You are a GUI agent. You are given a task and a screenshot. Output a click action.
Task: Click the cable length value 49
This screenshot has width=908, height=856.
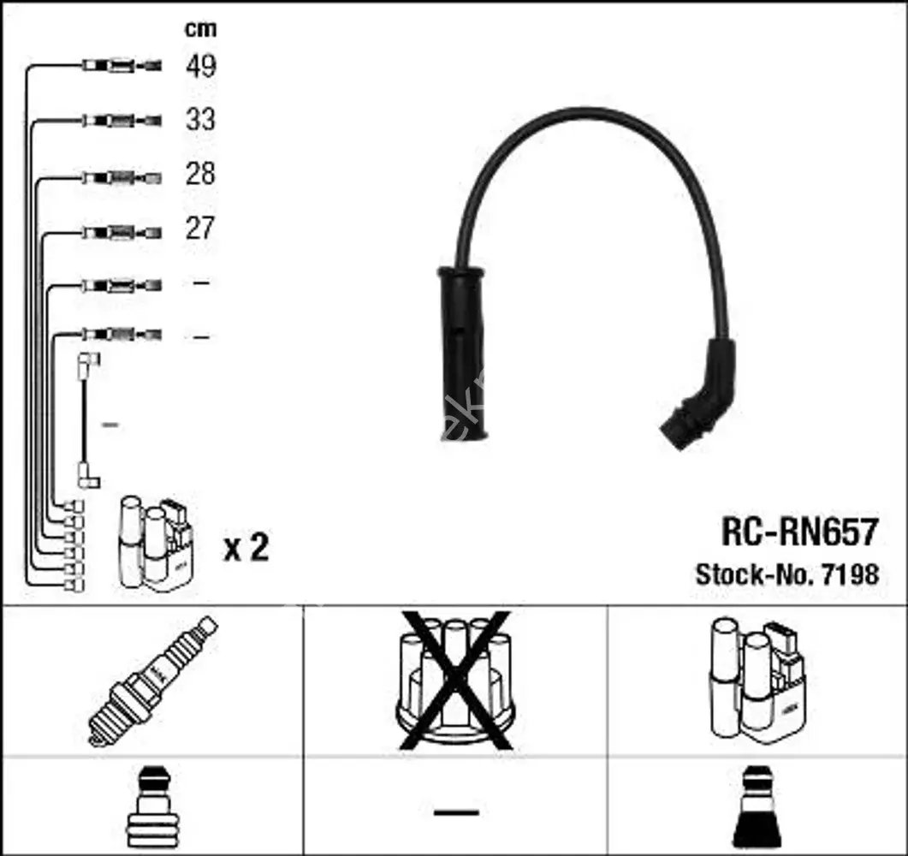click(201, 66)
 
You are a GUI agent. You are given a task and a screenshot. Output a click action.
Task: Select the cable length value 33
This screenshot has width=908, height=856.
click(200, 119)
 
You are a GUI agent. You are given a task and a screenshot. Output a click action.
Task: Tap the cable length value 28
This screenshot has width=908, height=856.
click(200, 174)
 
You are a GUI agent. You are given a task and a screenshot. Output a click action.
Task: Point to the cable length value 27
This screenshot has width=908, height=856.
click(200, 229)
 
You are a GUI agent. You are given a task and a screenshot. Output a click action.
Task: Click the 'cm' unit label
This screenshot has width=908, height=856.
click(200, 29)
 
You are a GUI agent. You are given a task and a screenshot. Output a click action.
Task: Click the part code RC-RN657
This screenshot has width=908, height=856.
click(800, 532)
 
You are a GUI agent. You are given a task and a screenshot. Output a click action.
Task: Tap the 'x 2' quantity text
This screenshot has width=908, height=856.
click(246, 547)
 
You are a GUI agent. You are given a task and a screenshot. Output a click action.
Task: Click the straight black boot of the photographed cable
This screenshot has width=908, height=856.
click(462, 354)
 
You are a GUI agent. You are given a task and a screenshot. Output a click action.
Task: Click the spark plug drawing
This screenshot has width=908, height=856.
click(152, 681)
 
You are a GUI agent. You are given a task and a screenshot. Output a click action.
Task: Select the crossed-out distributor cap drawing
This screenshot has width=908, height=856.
click(455, 681)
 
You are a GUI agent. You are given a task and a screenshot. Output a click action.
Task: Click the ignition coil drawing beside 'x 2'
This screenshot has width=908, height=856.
click(155, 544)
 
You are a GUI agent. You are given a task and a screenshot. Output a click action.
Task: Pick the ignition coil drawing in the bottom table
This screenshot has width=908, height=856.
click(757, 681)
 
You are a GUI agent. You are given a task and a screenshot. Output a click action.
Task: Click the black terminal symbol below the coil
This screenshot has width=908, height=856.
click(757, 806)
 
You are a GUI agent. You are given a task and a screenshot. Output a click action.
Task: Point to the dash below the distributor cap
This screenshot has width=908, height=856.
click(456, 812)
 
